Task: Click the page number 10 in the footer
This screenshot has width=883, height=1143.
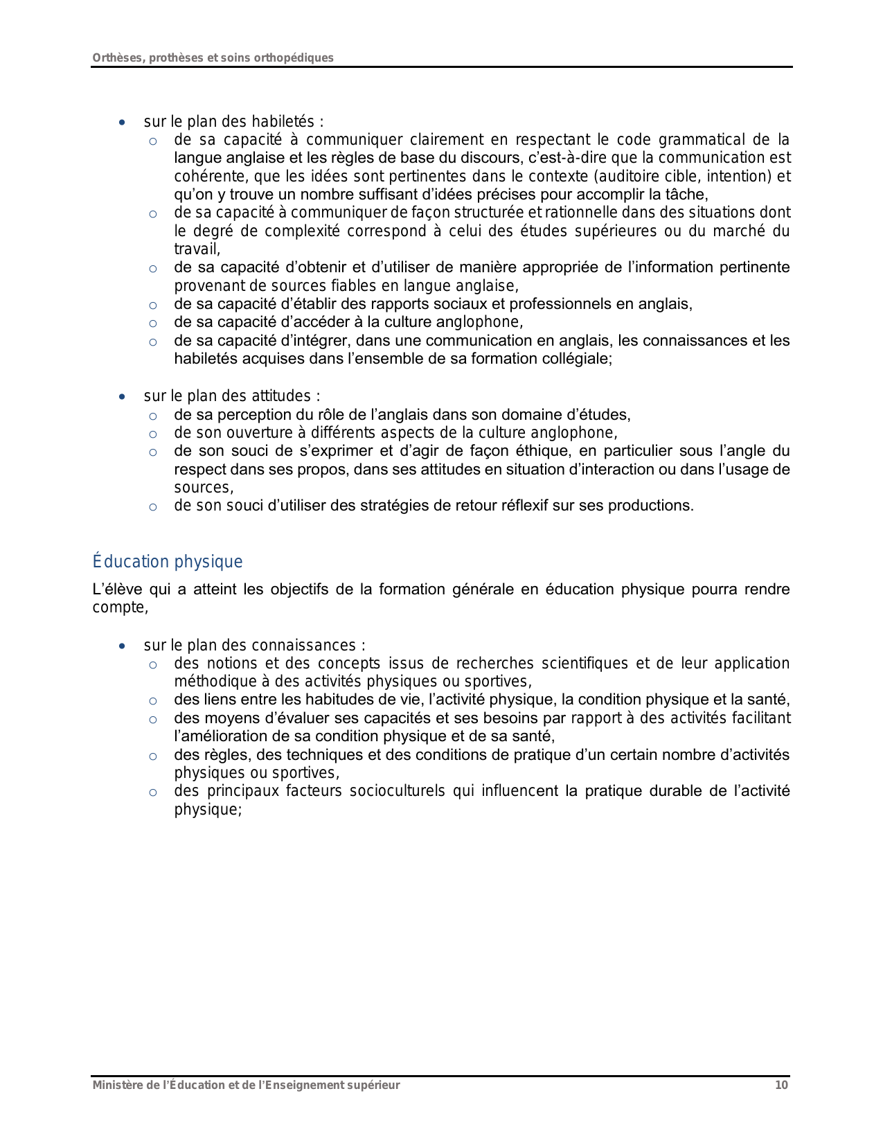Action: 781,1086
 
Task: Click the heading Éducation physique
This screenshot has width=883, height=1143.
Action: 168,562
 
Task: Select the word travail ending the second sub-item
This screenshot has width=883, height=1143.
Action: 195,249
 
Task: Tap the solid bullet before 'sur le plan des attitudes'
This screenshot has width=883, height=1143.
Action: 123,397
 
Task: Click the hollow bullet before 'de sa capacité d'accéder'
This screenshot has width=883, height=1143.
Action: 153,323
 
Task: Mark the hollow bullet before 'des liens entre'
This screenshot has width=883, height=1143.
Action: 153,700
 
